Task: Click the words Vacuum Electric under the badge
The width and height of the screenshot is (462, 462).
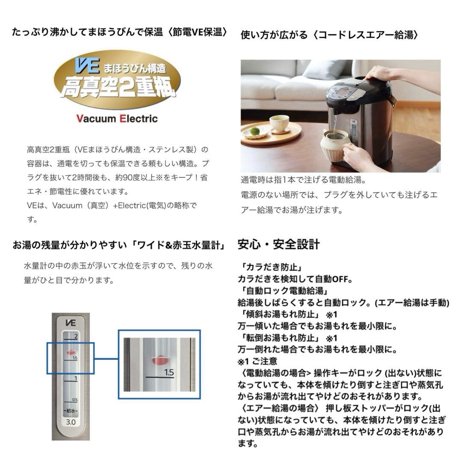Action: point(117,118)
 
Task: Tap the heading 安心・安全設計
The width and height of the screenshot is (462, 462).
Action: point(278,245)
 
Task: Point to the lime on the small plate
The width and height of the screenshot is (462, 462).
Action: point(255,131)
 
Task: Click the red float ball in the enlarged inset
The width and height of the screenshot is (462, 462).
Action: point(159,360)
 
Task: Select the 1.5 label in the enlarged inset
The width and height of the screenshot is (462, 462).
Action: point(169,373)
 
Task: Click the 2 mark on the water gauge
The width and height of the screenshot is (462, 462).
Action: point(75,337)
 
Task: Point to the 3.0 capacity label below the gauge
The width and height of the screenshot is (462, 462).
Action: point(71,422)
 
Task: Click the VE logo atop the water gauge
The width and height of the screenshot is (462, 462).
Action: point(71,323)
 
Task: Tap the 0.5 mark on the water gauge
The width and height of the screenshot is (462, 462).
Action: point(75,400)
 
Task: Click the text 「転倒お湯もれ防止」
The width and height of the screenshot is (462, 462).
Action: point(278,338)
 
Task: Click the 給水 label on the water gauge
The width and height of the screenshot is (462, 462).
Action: point(71,411)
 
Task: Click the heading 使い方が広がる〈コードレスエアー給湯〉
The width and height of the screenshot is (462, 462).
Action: point(329,35)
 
